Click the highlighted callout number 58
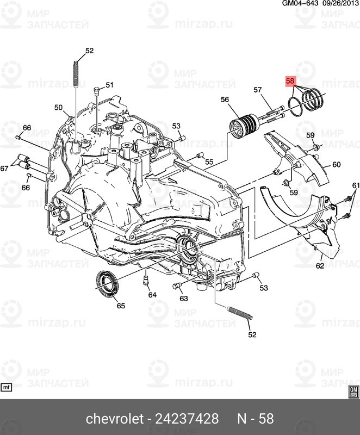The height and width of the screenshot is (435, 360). coord(290,81)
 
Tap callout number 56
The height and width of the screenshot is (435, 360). coord(225,100)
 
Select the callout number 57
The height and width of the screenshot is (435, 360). coord(258,90)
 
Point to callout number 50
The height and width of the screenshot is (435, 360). coord(59,108)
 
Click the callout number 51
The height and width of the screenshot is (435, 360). coord(109,85)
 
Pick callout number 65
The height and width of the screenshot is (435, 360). coord(121,306)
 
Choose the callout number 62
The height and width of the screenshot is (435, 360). coord(320,266)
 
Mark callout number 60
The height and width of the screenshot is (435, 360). coord(336,164)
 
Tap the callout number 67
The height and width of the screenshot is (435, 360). coord(5,169)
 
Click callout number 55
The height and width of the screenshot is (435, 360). coord(209,162)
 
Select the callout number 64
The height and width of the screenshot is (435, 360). coord(152,295)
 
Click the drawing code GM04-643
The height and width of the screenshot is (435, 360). coord(299,4)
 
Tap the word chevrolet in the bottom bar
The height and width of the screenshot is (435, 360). coord(112,419)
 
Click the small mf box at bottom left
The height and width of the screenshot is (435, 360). coord(7,388)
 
